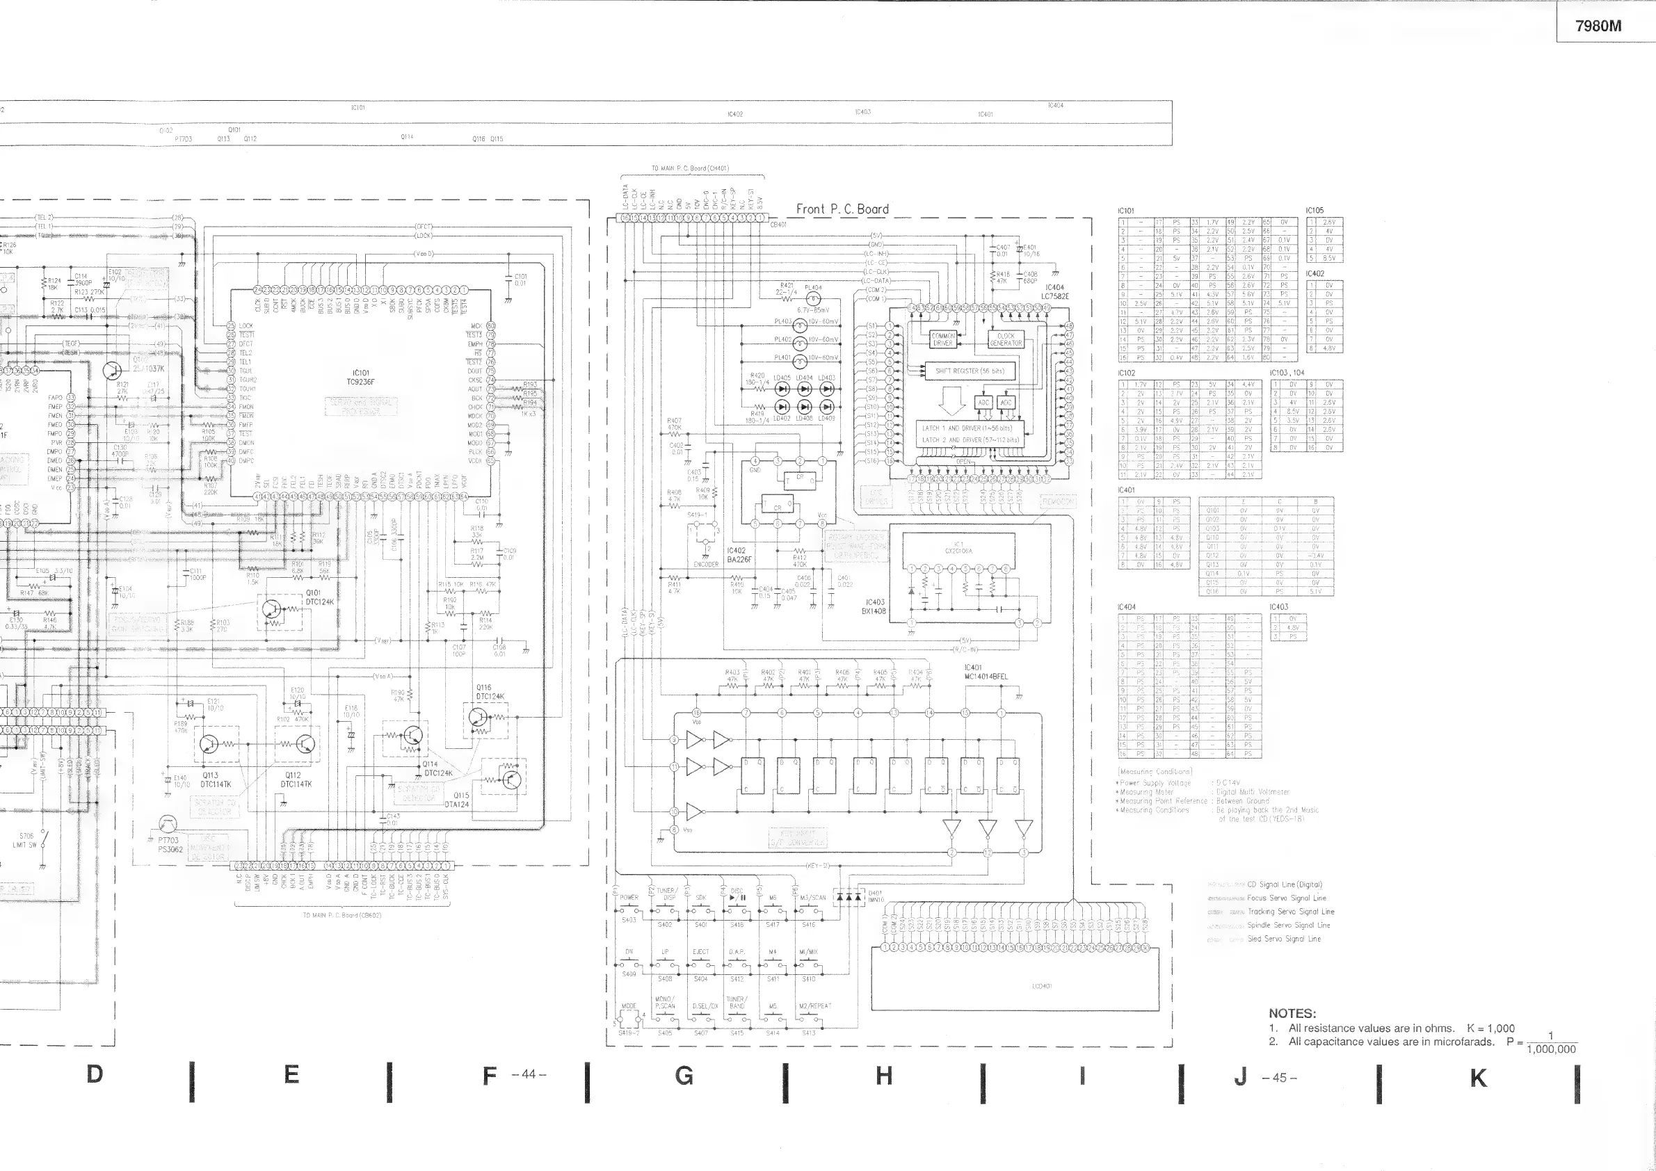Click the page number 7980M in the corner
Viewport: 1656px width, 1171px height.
tap(1598, 26)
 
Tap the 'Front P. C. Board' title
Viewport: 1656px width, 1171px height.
tap(842, 209)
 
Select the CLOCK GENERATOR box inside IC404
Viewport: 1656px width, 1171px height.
tap(1006, 339)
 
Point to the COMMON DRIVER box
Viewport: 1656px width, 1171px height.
tap(942, 339)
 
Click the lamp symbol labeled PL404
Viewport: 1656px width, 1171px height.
tap(813, 299)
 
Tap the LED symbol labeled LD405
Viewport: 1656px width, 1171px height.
tap(782, 388)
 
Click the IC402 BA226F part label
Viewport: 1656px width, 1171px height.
tap(739, 554)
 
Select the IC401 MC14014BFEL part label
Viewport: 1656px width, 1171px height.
tap(986, 672)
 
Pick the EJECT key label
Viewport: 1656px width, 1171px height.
tap(700, 952)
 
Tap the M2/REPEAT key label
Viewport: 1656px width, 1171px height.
tap(815, 1006)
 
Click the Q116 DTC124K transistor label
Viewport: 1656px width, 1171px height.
tap(490, 692)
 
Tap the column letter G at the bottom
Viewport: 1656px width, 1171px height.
tap(684, 1076)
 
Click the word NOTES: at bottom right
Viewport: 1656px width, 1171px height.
tap(1292, 1013)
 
